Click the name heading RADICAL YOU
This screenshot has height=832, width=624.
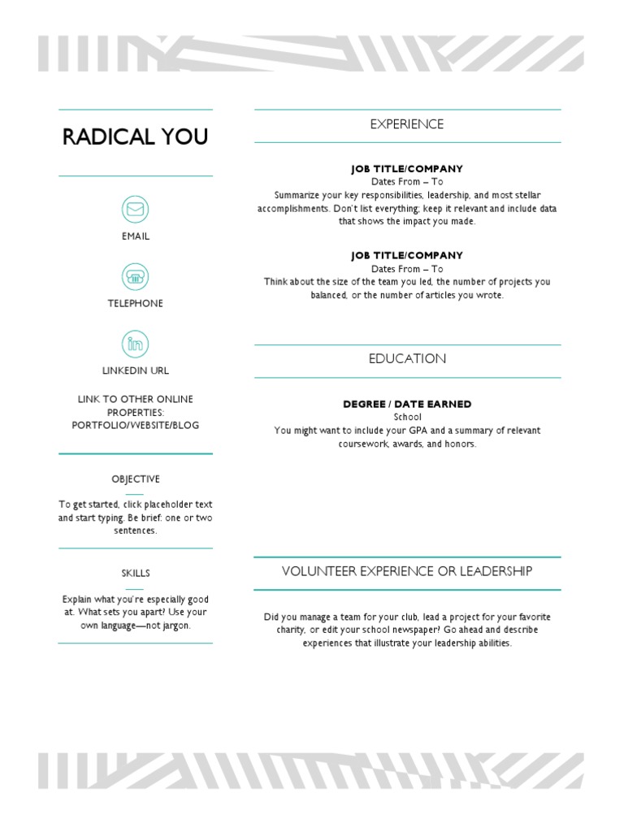coord(136,137)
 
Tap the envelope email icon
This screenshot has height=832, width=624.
coord(136,210)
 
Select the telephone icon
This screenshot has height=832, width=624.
coord(136,276)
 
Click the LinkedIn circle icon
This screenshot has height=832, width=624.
coord(136,344)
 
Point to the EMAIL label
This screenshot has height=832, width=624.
coord(136,236)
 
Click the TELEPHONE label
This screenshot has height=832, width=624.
coord(136,303)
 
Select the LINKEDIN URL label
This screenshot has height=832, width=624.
coord(136,370)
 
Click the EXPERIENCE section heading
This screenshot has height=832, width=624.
coord(407,124)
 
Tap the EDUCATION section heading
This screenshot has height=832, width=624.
coord(407,359)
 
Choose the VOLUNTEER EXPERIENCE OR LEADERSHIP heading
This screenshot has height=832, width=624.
coord(407,571)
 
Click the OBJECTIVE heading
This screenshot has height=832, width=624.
coord(136,479)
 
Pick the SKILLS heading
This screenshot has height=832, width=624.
coord(136,574)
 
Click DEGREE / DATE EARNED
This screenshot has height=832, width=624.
coord(407,405)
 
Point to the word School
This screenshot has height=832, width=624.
coord(407,417)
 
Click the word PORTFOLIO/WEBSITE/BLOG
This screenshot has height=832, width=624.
coord(136,425)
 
